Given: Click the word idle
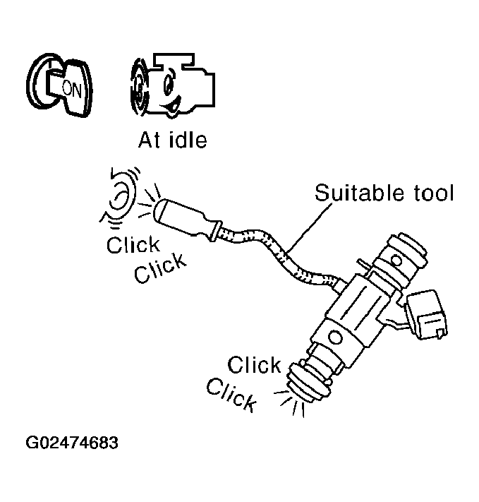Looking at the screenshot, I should click(186, 140).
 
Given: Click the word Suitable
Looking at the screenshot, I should click(353, 193).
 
